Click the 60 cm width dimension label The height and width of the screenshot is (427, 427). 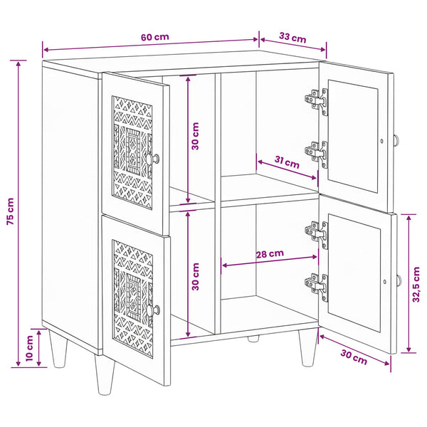click(155, 37)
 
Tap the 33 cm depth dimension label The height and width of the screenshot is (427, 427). click(292, 38)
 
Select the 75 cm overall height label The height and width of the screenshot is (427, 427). click(10, 211)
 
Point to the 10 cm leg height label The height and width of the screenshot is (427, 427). click(29, 348)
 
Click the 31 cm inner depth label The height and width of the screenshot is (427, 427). click(287, 162)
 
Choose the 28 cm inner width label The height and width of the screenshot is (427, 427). click(270, 254)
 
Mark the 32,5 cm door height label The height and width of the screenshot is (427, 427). click(416, 284)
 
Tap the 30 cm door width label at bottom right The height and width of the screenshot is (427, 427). click(354, 357)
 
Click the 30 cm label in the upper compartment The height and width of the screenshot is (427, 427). click(195, 136)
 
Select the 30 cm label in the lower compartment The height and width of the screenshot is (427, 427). click(195, 277)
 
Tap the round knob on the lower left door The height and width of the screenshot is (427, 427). click(153, 310)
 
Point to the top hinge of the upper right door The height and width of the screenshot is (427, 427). click(317, 101)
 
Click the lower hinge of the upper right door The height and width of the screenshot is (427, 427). click(317, 154)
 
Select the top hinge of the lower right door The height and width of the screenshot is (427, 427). click(317, 235)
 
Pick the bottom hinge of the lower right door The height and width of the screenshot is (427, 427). click(317, 287)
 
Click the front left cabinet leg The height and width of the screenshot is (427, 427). click(105, 374)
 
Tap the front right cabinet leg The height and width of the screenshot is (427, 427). click(308, 347)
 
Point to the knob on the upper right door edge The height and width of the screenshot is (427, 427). click(397, 140)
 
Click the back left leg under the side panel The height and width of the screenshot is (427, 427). click(58, 348)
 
